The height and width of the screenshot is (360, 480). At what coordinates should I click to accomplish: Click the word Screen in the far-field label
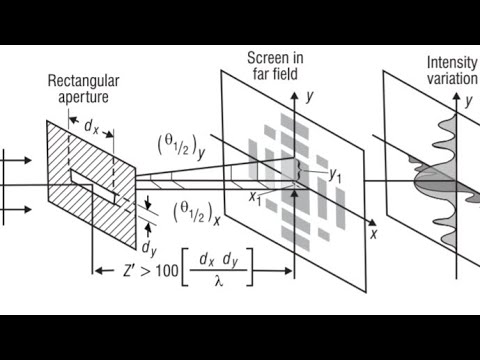[x=267, y=58]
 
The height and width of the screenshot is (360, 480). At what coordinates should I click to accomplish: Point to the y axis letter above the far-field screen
[x=311, y=97]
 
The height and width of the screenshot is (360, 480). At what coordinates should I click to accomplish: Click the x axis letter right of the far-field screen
[x=372, y=234]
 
